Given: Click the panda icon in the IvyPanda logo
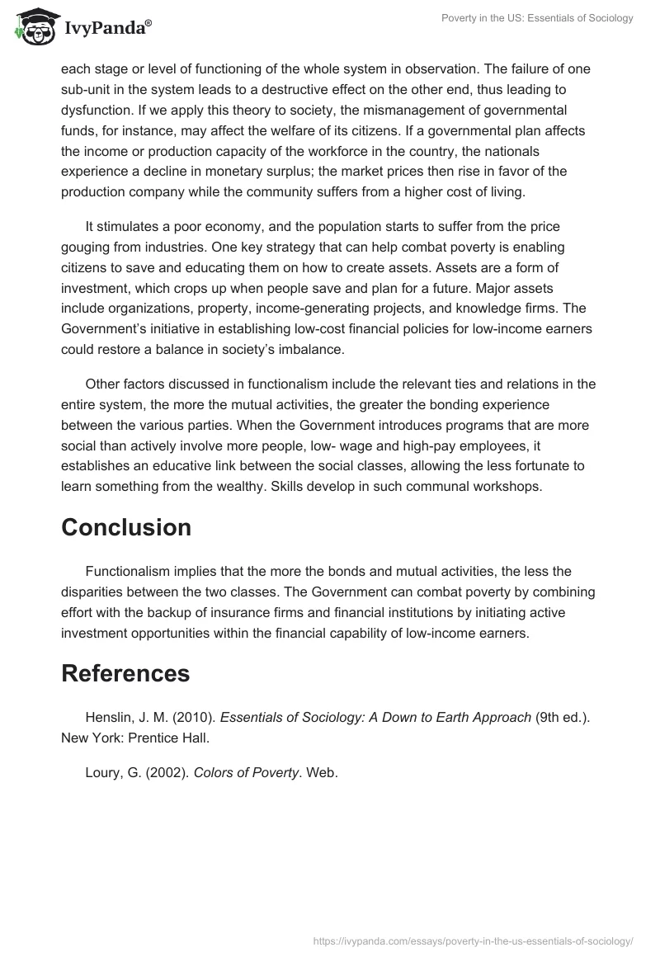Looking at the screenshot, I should tap(35, 29).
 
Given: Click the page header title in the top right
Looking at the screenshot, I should tap(536, 18).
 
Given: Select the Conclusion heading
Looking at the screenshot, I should tap(126, 527).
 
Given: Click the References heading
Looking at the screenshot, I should tap(125, 673).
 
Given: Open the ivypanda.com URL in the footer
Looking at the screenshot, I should tap(473, 940).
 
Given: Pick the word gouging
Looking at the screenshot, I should tap(87, 246).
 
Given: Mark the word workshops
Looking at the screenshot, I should tap(508, 485).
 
